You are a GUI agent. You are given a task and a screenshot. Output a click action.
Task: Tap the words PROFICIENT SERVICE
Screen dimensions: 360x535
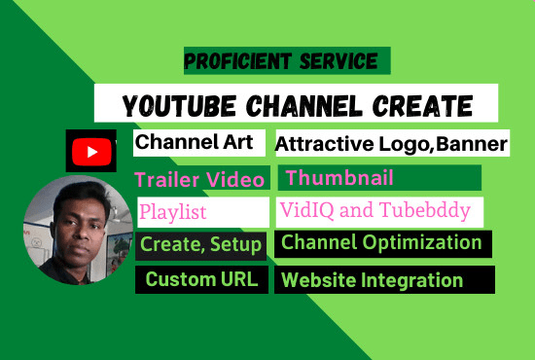click(x=281, y=62)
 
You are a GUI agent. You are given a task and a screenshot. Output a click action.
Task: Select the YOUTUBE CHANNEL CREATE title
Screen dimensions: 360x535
click(x=297, y=104)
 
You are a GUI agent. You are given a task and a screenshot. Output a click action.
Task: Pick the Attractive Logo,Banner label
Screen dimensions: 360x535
click(x=391, y=145)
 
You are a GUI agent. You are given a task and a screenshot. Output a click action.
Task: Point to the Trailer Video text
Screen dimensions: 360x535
click(x=199, y=179)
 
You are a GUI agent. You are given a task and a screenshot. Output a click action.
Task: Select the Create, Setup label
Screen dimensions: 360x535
click(x=201, y=244)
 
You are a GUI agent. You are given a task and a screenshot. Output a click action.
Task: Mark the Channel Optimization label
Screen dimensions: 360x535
click(x=381, y=243)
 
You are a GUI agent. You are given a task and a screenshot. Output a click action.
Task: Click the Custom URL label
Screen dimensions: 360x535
click(x=201, y=280)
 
